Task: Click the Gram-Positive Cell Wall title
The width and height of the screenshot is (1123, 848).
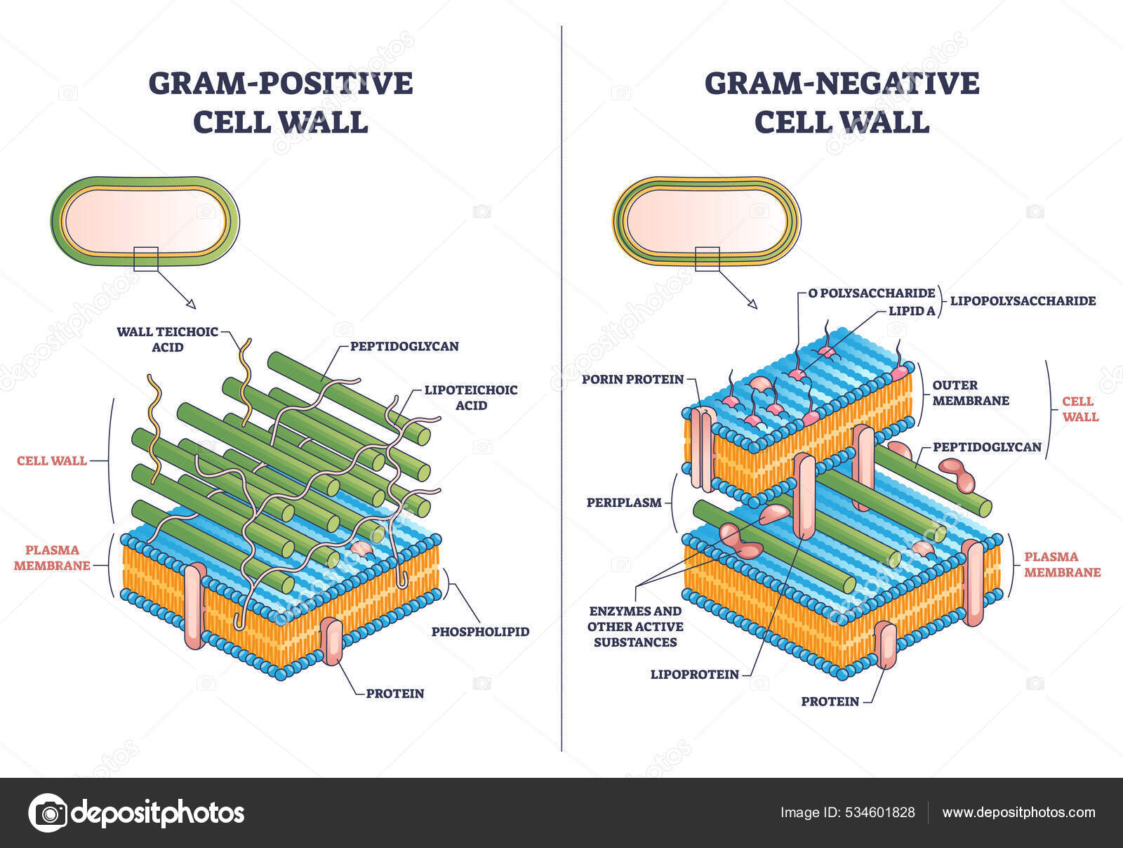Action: click(x=280, y=102)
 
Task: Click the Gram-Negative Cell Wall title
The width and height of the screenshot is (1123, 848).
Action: click(x=842, y=102)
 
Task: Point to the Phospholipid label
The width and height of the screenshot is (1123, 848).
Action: click(x=480, y=631)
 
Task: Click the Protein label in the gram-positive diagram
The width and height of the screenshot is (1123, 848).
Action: click(x=395, y=694)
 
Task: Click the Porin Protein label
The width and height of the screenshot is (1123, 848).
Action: click(x=632, y=379)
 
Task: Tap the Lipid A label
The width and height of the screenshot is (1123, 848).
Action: click(x=912, y=310)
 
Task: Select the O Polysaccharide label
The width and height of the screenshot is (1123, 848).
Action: click(x=872, y=293)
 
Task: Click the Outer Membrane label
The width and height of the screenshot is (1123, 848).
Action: click(x=971, y=392)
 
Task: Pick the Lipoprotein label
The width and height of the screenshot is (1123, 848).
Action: click(x=694, y=675)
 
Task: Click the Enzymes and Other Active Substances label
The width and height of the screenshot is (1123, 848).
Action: click(x=635, y=626)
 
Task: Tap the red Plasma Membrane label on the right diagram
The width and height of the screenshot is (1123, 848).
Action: click(x=1062, y=564)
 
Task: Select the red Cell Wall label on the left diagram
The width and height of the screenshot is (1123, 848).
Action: click(x=52, y=461)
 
